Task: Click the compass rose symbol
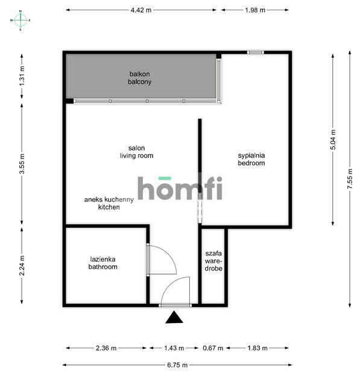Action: (x=21, y=20)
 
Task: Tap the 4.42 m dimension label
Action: (x=141, y=10)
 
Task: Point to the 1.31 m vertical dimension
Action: (x=22, y=75)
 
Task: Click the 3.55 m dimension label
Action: (x=22, y=164)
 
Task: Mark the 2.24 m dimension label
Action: (x=22, y=266)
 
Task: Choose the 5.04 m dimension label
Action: (x=333, y=140)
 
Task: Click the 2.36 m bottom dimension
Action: (x=106, y=348)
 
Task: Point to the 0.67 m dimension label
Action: (x=213, y=348)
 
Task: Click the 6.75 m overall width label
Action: (x=177, y=365)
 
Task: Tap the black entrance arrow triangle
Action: (x=175, y=318)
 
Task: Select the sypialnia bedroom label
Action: (x=251, y=159)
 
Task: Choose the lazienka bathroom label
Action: (x=103, y=263)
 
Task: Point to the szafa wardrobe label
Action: (x=213, y=262)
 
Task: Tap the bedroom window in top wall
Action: (x=255, y=52)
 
